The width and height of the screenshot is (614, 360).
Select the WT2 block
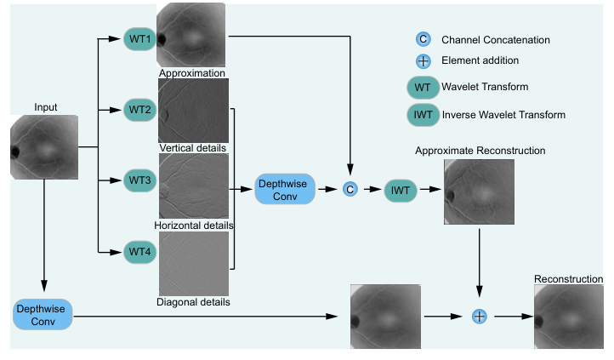139,111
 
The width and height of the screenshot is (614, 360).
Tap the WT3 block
139,180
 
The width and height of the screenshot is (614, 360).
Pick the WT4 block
139,251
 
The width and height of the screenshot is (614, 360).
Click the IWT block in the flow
400,191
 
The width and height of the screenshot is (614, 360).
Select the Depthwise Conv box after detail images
285,189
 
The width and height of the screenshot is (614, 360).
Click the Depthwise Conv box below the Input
43,314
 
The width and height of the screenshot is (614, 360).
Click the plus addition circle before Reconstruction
479,316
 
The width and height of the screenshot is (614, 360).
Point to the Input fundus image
44,146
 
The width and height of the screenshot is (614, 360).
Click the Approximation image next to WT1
193,34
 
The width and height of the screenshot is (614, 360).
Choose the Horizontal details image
193,185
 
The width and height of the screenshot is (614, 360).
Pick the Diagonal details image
193,262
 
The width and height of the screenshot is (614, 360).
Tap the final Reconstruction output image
569,316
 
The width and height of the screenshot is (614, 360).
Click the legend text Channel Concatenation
495,39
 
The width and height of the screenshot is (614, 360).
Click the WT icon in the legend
422,87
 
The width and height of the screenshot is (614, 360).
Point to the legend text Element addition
480,60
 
